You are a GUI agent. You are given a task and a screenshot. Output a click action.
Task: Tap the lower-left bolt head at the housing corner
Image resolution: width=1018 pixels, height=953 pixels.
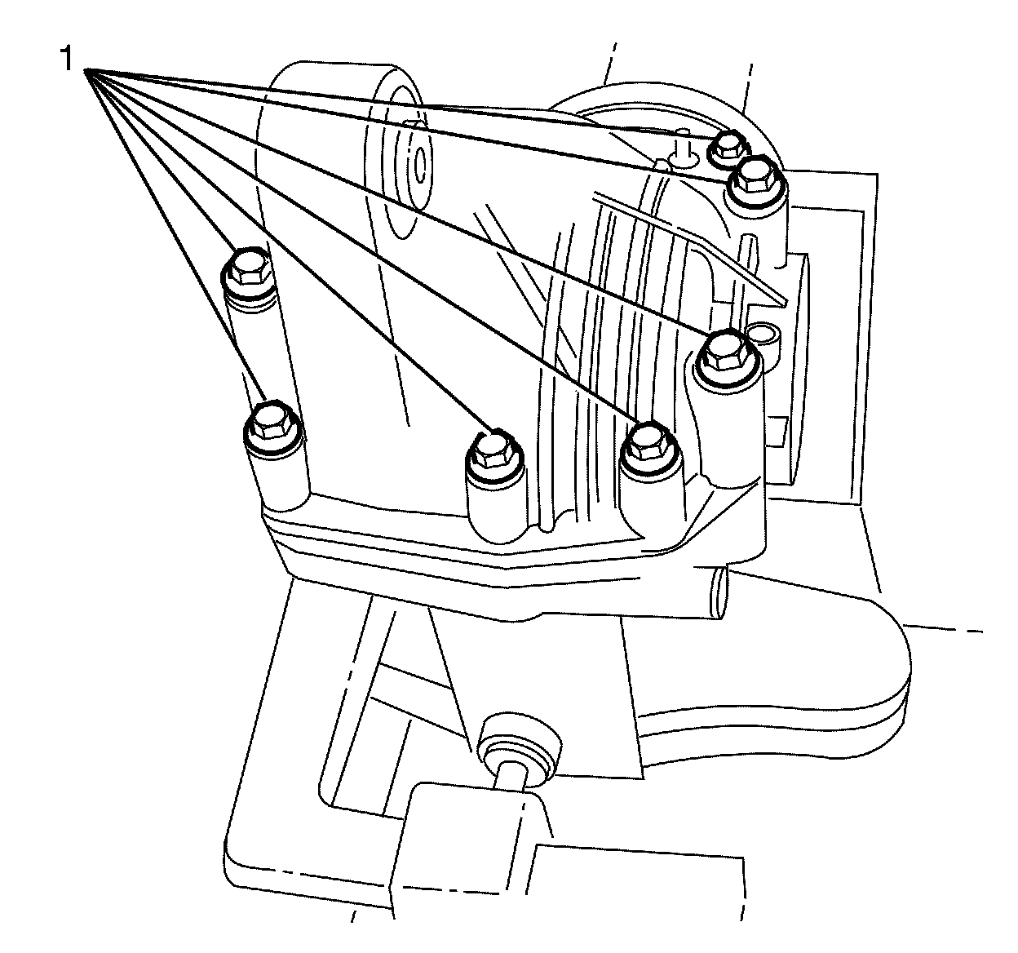(269, 421)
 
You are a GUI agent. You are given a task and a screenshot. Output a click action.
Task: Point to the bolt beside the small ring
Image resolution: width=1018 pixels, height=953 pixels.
(724, 351)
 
